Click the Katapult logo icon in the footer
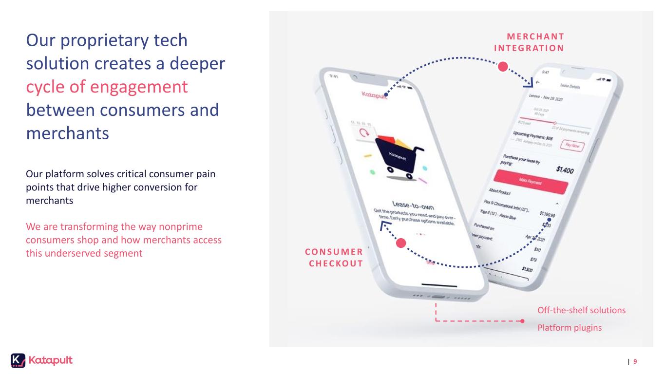point(18,360)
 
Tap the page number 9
point(635,361)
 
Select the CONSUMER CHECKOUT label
point(334,257)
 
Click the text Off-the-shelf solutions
point(581,310)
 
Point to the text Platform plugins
point(569,328)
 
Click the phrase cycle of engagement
point(107,87)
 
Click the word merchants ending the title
point(67,132)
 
